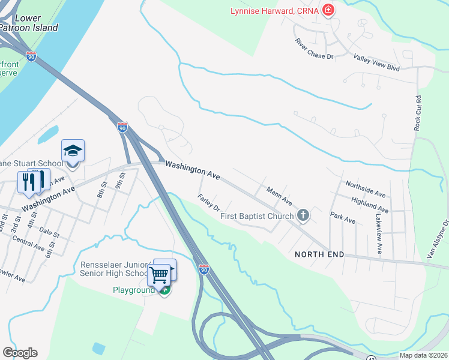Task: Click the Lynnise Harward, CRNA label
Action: click(273, 11)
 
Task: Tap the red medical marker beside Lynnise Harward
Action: click(328, 10)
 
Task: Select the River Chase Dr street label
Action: click(313, 49)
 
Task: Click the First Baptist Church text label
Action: click(257, 216)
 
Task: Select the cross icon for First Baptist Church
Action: click(304, 215)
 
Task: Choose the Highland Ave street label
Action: click(370, 205)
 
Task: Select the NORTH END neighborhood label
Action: click(319, 254)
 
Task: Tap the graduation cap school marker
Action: click(73, 151)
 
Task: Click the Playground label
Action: click(134, 290)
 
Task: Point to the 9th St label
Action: click(121, 179)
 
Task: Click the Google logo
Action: click(20, 353)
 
